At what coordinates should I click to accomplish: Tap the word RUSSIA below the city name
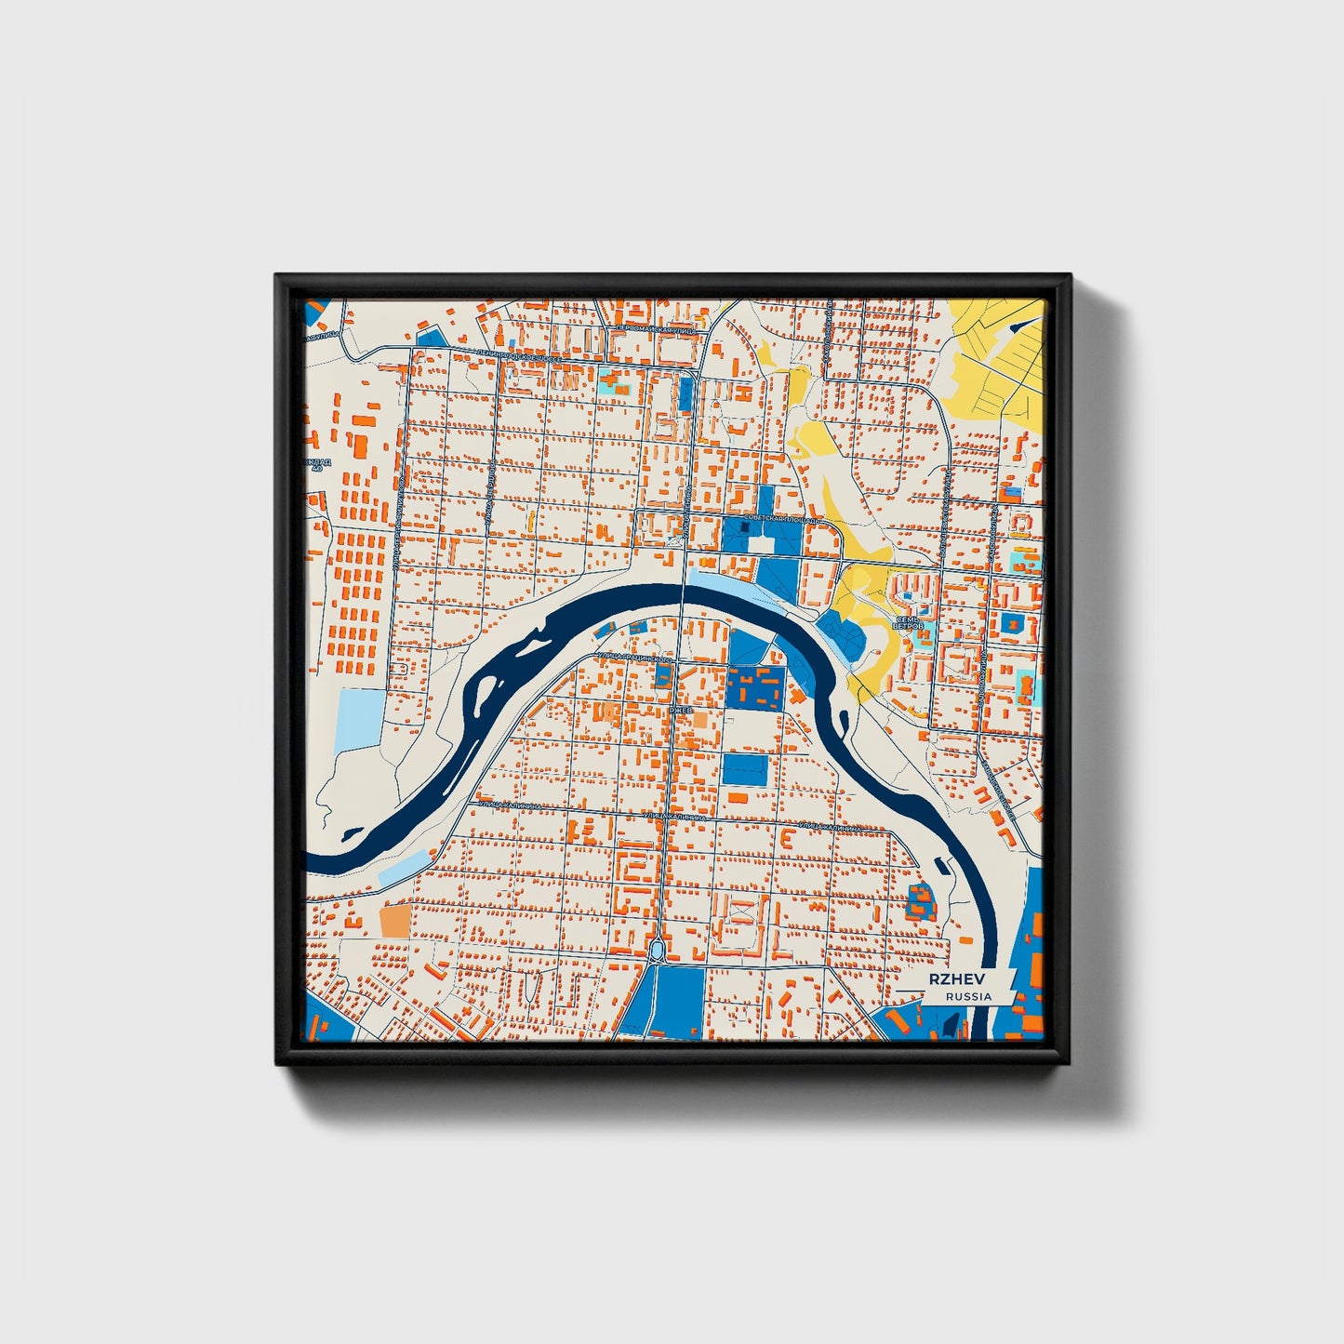[968, 997]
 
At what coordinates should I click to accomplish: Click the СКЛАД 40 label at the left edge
[317, 464]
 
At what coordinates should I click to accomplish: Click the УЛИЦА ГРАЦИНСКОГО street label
[634, 658]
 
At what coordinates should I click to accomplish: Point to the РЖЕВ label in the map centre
[681, 711]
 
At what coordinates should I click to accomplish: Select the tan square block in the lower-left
[394, 921]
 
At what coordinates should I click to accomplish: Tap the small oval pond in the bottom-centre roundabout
[658, 950]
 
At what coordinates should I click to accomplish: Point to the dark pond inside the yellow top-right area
[1023, 324]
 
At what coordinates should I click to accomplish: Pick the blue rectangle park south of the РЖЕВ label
[745, 769]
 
